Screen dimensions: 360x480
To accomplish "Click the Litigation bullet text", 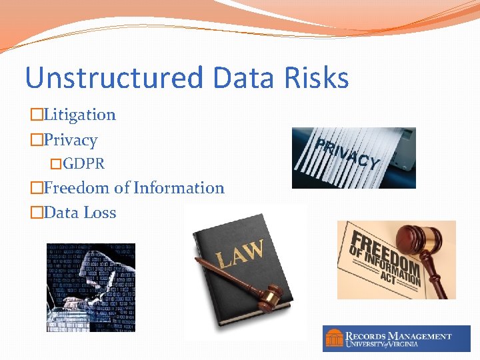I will [79, 115].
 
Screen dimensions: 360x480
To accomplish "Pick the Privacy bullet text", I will [70, 140].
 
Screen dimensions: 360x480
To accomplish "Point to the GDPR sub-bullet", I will [83, 163].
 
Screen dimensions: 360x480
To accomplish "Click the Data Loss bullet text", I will [79, 213].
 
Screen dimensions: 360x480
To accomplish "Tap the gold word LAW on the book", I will [239, 254].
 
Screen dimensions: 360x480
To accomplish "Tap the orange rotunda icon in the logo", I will [333, 339].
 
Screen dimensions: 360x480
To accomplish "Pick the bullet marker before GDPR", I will [56, 164].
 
